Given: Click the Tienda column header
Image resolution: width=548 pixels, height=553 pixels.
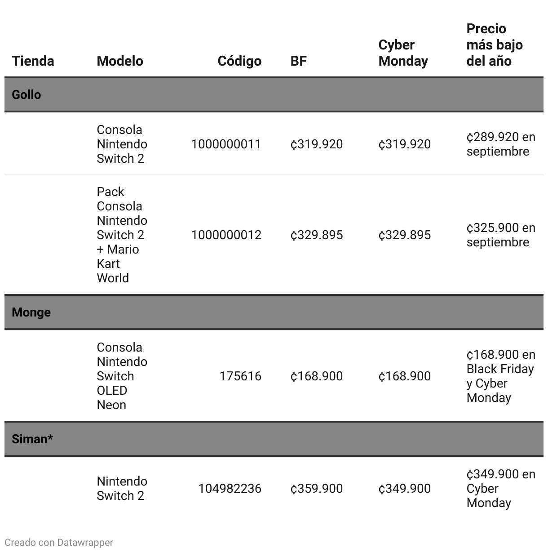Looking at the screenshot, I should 33,61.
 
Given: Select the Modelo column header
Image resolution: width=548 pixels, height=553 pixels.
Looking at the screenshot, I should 120,61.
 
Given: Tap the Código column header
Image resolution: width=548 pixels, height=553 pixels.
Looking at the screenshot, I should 239,61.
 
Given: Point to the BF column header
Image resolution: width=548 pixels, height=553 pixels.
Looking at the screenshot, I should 299,61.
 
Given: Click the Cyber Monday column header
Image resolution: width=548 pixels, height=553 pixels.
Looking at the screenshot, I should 403,53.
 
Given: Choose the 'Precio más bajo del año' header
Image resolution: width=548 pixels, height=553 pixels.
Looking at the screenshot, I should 495,45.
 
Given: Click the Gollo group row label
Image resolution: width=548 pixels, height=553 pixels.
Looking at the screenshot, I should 27,94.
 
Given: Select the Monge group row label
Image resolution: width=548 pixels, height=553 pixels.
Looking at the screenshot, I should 31,312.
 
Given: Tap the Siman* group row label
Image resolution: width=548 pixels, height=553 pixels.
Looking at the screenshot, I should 32,439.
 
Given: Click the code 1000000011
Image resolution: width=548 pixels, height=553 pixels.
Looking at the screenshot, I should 226,144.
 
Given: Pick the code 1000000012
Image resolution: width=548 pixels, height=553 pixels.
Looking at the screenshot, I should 226,235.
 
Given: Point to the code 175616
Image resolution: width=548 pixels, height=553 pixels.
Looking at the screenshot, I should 240,376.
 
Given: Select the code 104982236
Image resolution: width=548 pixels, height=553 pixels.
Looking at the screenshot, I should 230,488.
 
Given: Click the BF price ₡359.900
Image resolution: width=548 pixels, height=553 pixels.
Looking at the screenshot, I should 317,488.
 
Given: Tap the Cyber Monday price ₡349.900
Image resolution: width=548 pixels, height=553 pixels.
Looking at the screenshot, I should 405,488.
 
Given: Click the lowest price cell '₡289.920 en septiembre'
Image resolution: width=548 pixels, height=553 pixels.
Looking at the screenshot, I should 501,144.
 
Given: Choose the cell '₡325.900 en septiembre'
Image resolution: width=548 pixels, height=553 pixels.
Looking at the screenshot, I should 501,235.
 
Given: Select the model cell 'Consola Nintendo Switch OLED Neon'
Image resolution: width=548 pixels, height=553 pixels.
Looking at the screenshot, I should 122,376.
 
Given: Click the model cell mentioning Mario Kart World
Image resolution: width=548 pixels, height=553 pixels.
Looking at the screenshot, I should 122,235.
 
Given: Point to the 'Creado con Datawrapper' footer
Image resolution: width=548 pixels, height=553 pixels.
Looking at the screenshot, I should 59,542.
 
